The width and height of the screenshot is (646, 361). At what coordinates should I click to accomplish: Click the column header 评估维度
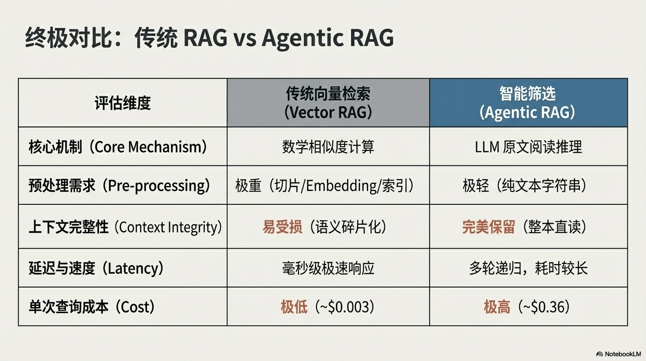123,103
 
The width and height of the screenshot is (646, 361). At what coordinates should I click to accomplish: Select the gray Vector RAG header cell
328,103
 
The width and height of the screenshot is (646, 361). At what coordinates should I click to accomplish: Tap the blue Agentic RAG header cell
528,103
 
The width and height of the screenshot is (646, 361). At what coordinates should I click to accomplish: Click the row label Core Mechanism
118,147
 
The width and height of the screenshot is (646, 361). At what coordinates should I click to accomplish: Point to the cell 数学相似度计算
328,147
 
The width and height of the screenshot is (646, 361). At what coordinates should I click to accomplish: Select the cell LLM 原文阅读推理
528,147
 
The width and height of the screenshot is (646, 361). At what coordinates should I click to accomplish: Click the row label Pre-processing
119,186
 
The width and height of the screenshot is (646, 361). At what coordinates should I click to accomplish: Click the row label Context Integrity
125,227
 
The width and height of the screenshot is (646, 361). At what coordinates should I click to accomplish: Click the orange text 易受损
282,227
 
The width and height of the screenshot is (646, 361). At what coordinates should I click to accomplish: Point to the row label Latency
97,268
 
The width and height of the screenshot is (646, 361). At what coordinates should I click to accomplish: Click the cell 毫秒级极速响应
328,268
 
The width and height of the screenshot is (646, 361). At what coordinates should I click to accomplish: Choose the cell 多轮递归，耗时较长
528,268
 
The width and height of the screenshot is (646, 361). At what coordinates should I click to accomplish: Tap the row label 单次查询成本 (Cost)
92,307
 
